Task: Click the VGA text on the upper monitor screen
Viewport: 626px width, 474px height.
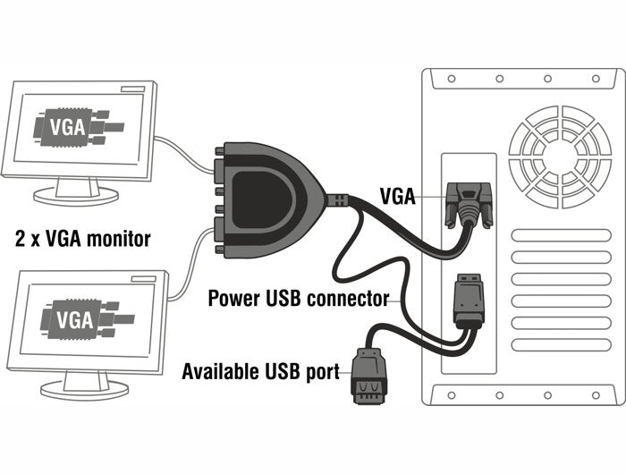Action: [x=70, y=126]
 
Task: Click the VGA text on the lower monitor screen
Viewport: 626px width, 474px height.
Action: [x=74, y=318]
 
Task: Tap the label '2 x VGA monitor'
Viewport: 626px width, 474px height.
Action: [x=82, y=239]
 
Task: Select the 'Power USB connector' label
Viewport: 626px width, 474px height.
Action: [x=298, y=298]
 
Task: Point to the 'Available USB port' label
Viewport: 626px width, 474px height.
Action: [x=260, y=371]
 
